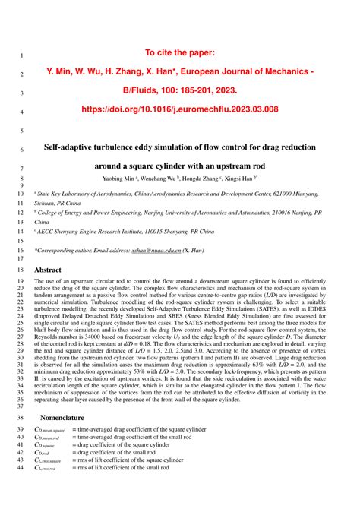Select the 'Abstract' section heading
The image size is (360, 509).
pyautogui.click(x=49, y=269)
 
